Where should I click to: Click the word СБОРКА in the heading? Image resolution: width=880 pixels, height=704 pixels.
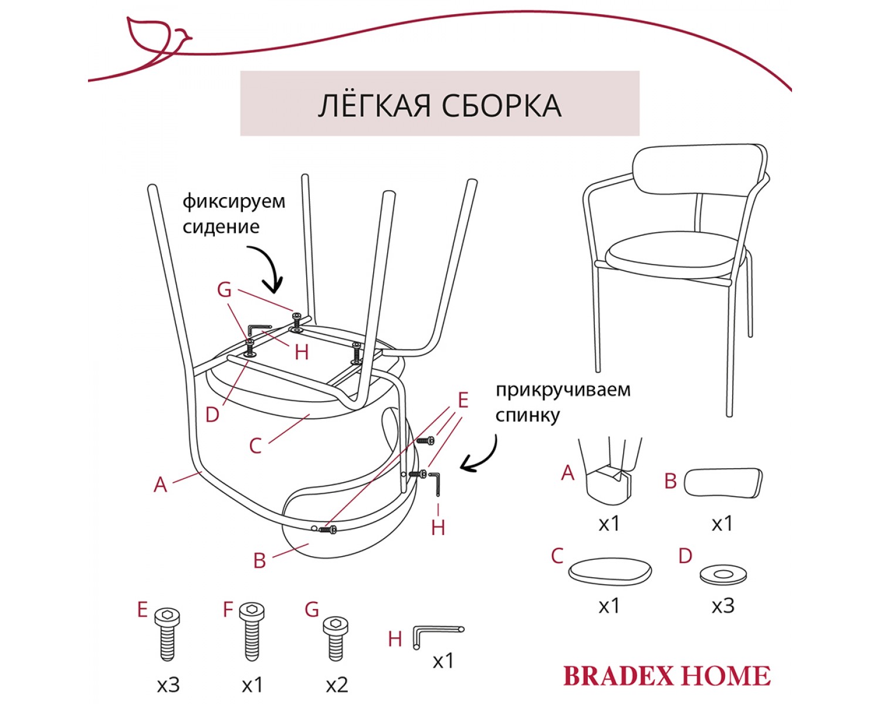pos(502,106)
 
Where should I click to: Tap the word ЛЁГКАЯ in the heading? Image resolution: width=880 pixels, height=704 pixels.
pos(374,105)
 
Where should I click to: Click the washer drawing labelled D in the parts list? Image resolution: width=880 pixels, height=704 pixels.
pos(723,575)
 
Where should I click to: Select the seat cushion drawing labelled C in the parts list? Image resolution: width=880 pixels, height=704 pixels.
pos(610,570)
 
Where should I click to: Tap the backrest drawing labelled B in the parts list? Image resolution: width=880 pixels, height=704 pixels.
pos(723,483)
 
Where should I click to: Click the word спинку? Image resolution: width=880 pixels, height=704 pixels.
pos(527,416)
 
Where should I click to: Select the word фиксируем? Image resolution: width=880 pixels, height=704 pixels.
pos(233,202)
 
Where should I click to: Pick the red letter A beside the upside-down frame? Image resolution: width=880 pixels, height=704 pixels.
pos(160,485)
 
